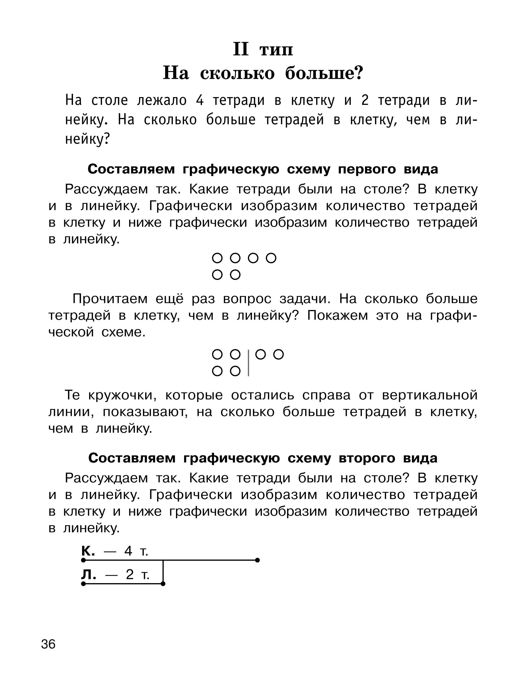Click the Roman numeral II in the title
[241, 49]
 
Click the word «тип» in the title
[276, 50]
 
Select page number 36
[48, 644]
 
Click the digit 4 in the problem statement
[200, 100]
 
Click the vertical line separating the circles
[248, 363]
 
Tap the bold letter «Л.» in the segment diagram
[89, 575]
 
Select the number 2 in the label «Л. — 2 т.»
[130, 575]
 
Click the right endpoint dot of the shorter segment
[163, 584]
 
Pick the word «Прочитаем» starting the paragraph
[110, 299]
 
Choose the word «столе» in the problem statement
[110, 100]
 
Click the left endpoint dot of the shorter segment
[83, 584]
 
